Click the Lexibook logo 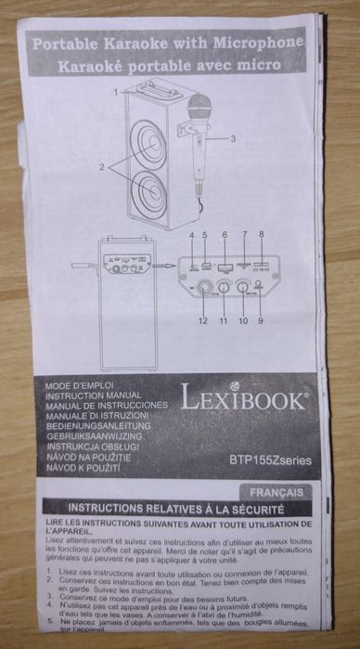pyautogui.click(x=244, y=398)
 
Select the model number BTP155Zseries pyautogui.click(x=270, y=459)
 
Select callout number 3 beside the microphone pyautogui.click(x=234, y=138)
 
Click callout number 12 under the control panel pyautogui.click(x=201, y=321)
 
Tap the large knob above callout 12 pyautogui.click(x=203, y=289)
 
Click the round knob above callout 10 pyautogui.click(x=242, y=288)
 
